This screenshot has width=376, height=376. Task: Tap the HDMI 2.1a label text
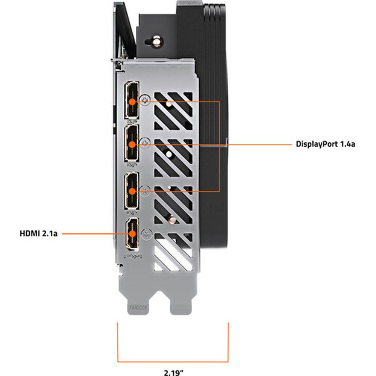(38, 233)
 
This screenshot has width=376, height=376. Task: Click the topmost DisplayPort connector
(132, 99)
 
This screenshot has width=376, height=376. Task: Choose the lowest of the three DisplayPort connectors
(132, 190)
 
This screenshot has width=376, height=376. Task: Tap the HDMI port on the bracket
(132, 233)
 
